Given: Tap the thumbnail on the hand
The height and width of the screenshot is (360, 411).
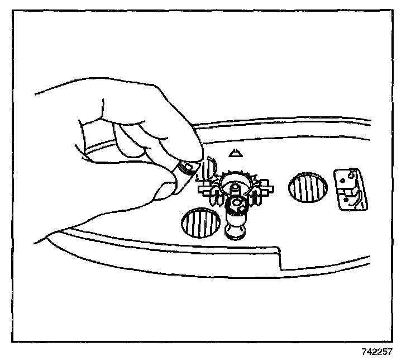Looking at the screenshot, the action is click(x=167, y=188).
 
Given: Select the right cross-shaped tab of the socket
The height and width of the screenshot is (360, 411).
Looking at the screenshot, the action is click(x=265, y=187).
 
